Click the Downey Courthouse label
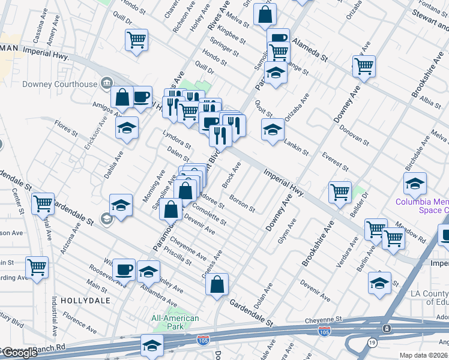59,84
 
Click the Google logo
19,353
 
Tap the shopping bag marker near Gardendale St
217,284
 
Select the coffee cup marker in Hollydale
124,269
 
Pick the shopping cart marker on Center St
43,204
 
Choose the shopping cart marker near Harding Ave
37,266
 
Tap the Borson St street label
243,205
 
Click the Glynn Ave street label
287,231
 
